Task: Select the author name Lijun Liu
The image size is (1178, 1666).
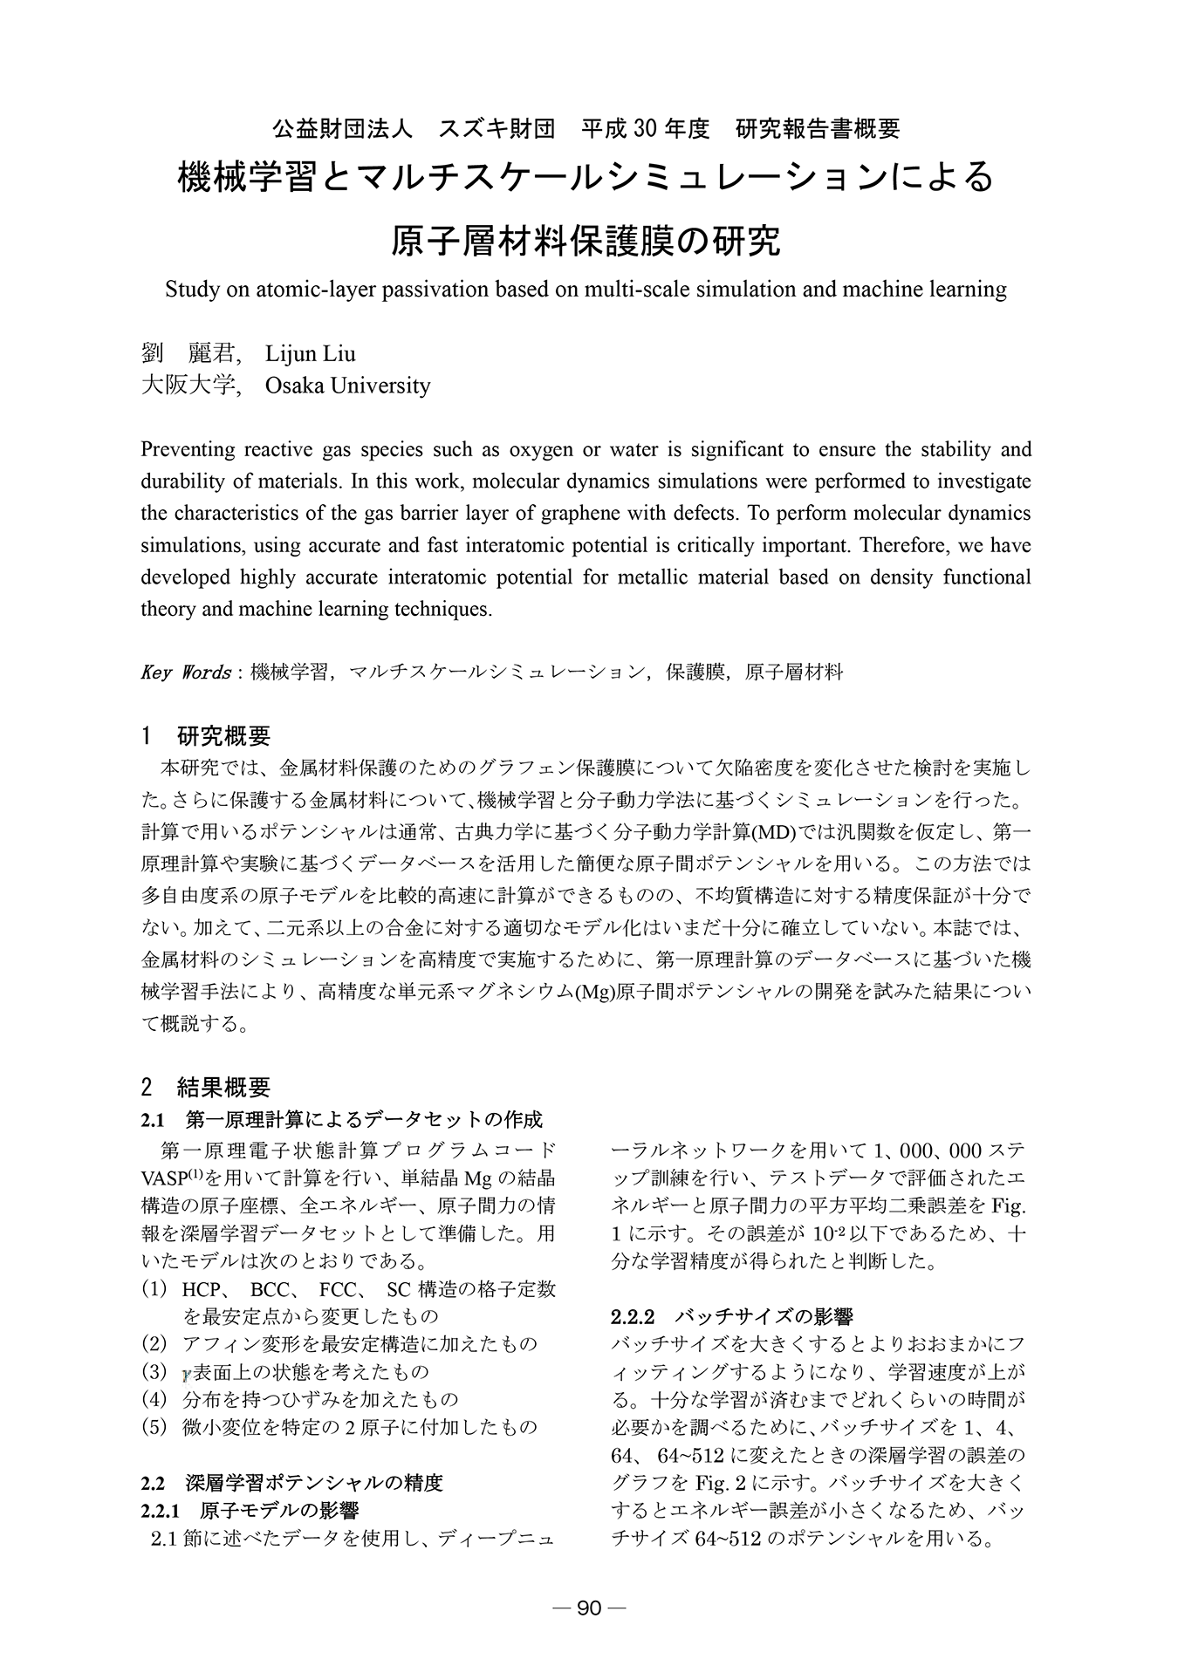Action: tap(311, 353)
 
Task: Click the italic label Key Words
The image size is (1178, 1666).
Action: tap(185, 673)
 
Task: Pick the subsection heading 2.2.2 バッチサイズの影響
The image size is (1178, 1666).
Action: tap(732, 1316)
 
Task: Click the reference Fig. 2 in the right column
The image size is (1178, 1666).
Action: tap(717, 1482)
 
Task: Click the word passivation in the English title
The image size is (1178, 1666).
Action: tap(442, 290)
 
